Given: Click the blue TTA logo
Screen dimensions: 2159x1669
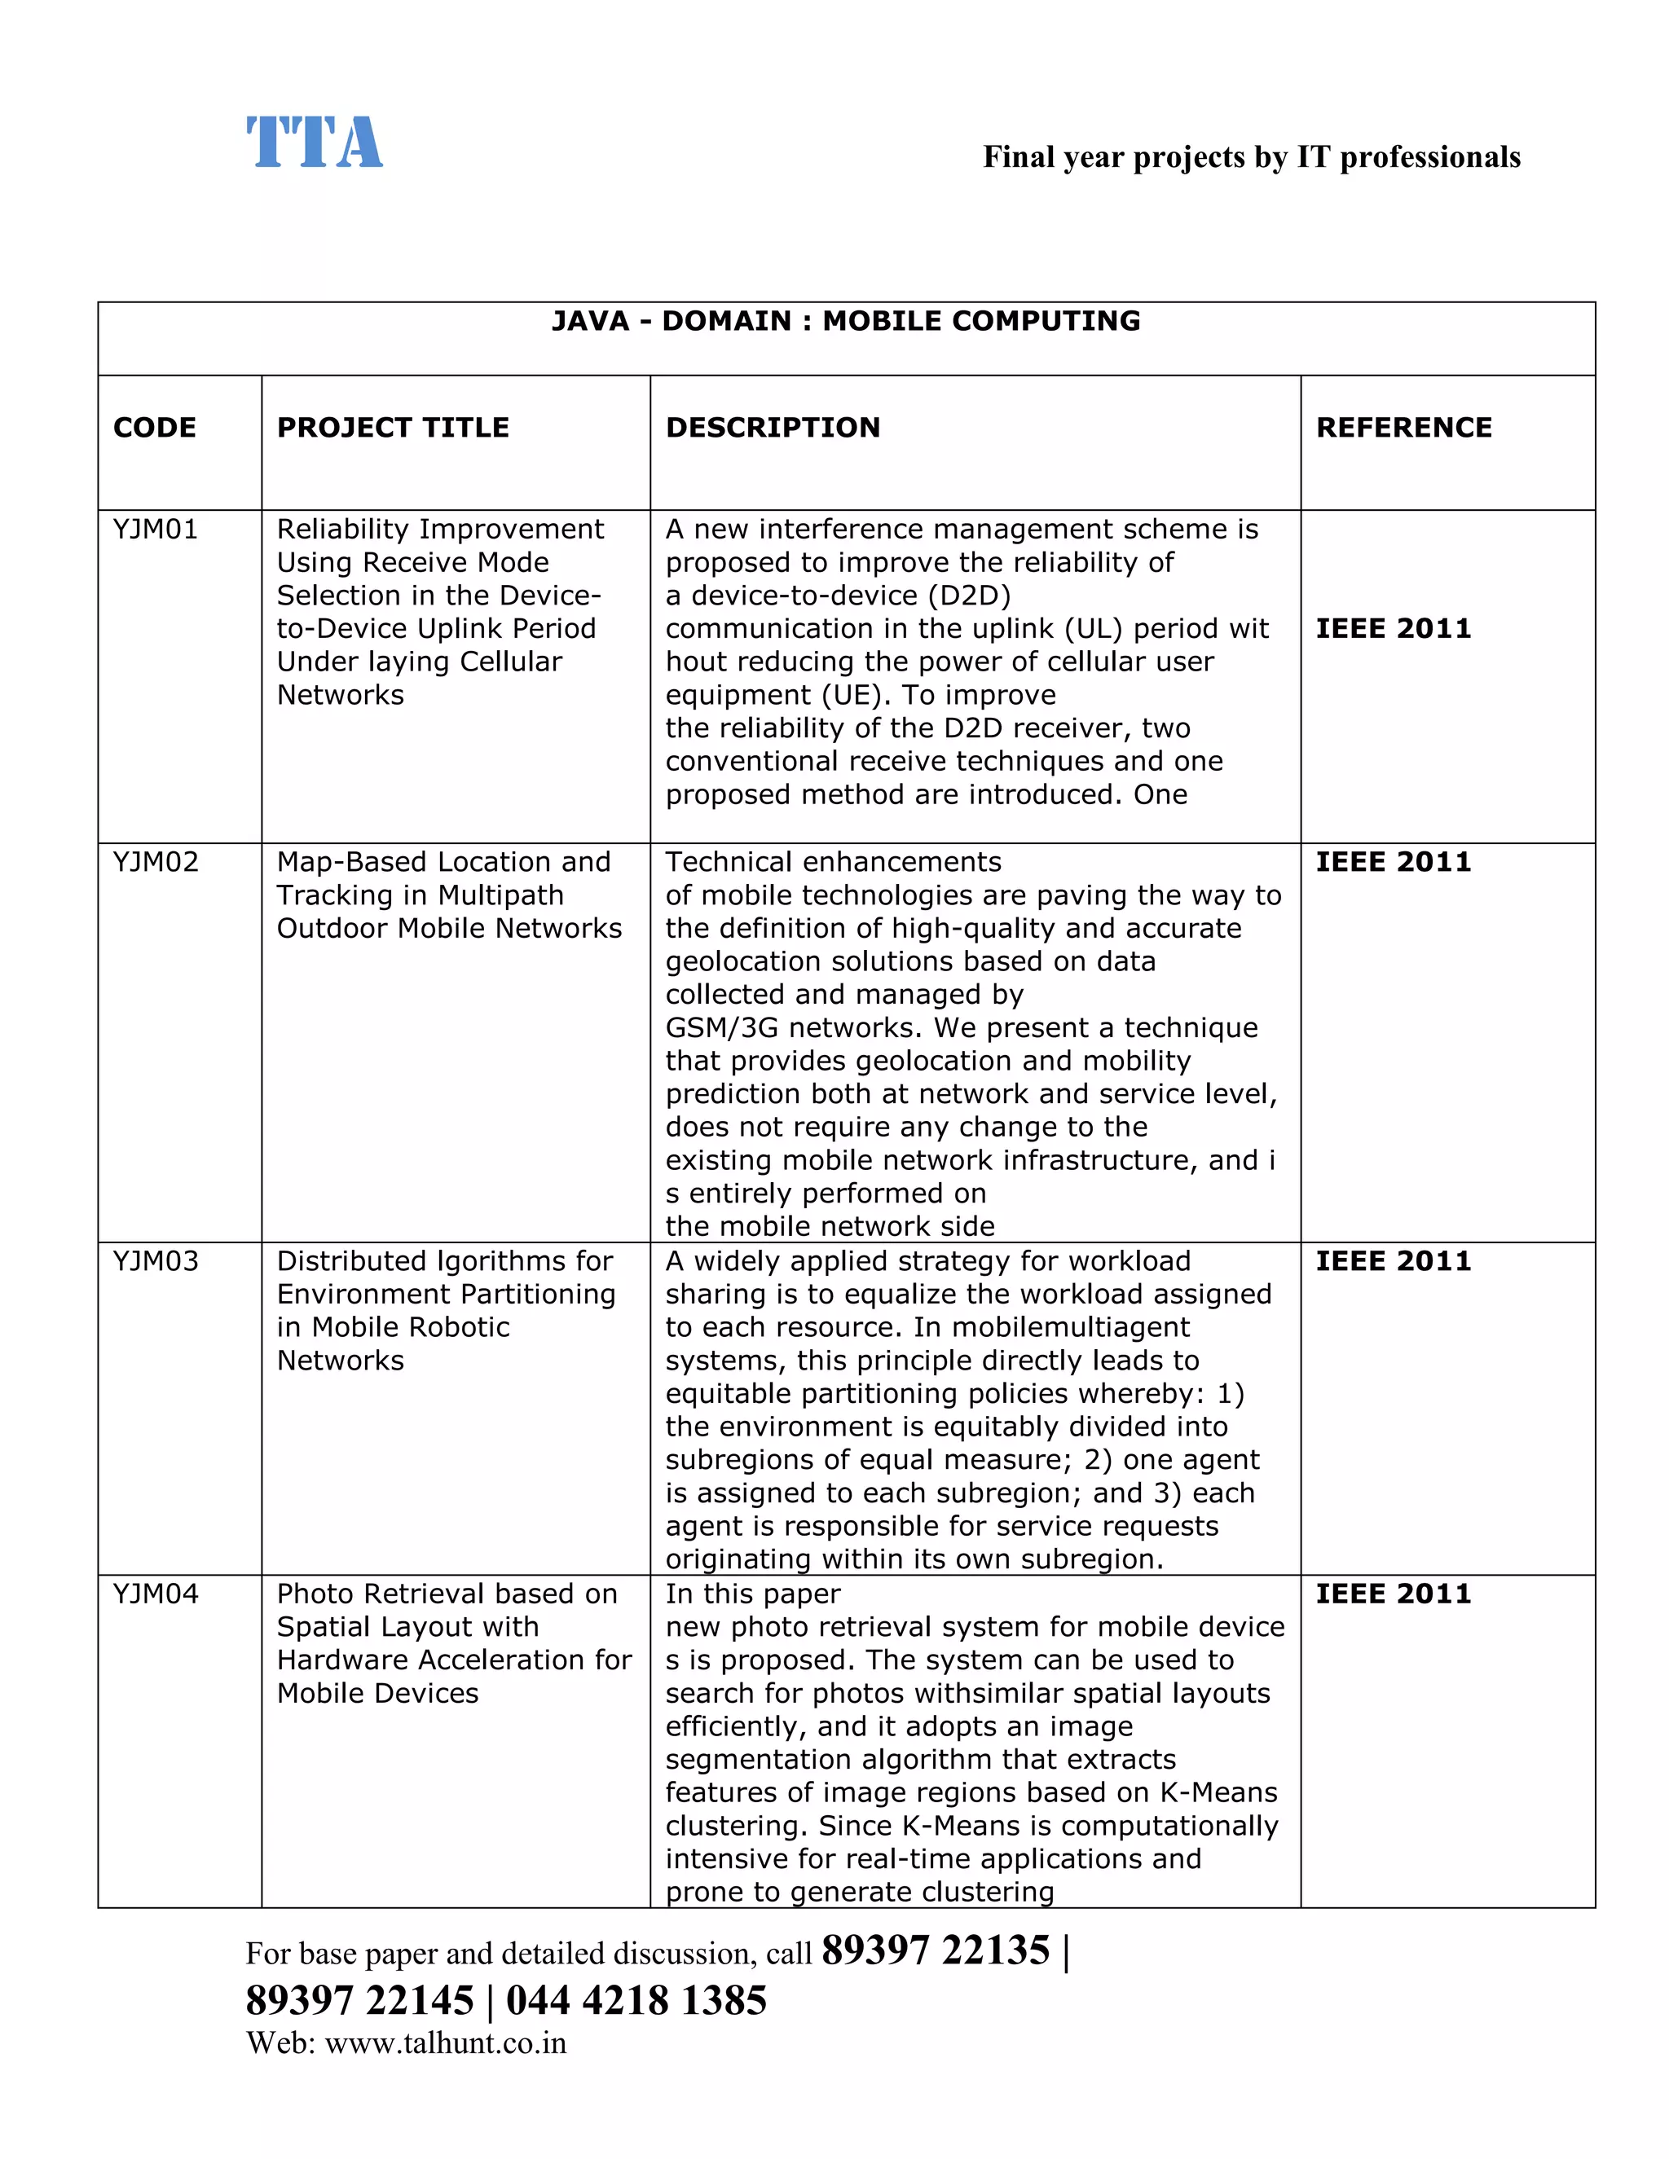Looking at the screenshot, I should (x=314, y=143).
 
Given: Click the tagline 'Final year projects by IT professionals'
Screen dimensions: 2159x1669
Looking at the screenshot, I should (x=1251, y=157).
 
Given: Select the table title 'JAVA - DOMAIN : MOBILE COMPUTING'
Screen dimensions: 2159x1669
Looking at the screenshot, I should (x=845, y=321).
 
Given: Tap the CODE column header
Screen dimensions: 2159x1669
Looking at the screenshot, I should (x=154, y=428).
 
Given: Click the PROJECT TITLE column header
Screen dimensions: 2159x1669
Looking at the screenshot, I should (x=393, y=428).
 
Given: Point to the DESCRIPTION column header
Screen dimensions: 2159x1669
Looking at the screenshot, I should (x=773, y=428).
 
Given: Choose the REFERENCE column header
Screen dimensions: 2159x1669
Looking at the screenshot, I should (x=1403, y=428).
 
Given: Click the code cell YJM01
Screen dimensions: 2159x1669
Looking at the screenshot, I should (x=155, y=530).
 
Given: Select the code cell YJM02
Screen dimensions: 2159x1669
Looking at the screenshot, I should (x=155, y=862).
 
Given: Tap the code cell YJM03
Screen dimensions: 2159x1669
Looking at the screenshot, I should (x=155, y=1261).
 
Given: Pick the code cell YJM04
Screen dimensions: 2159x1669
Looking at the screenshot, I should (x=155, y=1594).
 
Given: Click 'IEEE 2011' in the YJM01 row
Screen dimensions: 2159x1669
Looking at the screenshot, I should (x=1392, y=629).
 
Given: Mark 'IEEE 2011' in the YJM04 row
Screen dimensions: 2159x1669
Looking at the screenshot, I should (x=1392, y=1594).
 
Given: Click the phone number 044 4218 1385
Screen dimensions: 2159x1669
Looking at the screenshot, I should (x=636, y=2001).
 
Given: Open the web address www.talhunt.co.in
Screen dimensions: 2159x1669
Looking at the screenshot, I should (x=445, y=2043).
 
